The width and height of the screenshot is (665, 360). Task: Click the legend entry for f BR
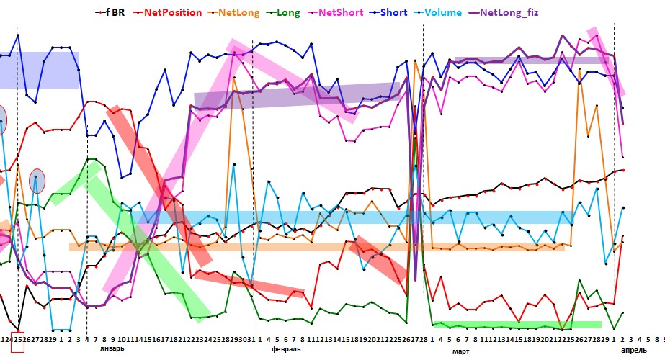[115, 12]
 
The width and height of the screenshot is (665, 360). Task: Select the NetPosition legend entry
[172, 12]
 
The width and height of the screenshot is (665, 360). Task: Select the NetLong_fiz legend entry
[535, 12]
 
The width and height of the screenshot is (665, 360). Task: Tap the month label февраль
[286, 348]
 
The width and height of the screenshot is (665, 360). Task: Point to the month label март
[460, 351]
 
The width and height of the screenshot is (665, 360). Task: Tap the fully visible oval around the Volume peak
[37, 181]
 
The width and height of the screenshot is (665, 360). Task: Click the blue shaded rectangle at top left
[40, 70]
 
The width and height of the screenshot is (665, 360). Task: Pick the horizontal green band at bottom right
[517, 325]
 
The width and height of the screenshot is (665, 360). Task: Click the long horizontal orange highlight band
[317, 247]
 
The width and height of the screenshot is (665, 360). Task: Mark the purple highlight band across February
[297, 94]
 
